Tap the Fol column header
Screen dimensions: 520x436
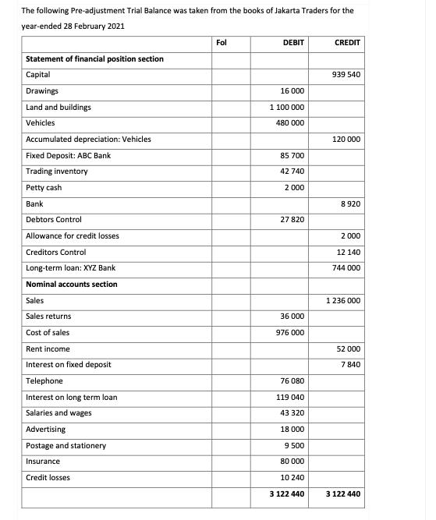pos(221,43)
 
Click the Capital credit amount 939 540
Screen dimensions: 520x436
pos(346,75)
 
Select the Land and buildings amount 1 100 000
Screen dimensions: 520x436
pos(286,107)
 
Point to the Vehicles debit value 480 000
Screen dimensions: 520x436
pos(289,123)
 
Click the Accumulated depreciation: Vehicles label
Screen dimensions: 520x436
pos(88,139)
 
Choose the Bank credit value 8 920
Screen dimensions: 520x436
pos(350,203)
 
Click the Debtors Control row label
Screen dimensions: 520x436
pos(54,220)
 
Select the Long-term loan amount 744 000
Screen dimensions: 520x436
pos(346,268)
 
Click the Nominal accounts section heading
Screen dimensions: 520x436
pos(72,285)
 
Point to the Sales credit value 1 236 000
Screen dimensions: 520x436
pos(342,301)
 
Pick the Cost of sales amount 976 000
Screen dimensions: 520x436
pos(289,333)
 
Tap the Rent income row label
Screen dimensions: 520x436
pos(48,348)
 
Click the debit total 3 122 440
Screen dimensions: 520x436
pos(286,494)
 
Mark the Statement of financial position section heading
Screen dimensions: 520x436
pos(94,58)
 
